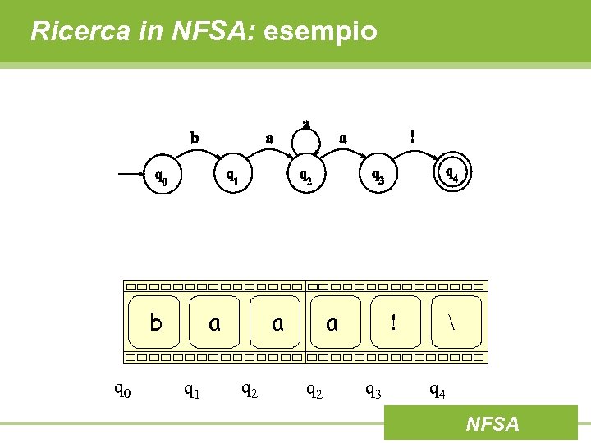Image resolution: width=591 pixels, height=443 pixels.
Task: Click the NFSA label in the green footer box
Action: coord(492,424)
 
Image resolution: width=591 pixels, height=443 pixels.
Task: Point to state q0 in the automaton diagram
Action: coord(163,175)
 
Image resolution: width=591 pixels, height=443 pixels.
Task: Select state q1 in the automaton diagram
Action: coord(233,176)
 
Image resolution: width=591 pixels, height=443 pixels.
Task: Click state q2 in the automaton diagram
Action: coord(305,176)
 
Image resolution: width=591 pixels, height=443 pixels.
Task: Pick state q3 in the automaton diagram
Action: coord(378,176)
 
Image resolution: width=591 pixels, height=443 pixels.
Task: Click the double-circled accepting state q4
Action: coord(451,174)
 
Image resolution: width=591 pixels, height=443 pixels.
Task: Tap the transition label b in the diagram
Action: coord(195,138)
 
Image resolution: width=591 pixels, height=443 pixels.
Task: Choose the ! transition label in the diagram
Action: coord(412,137)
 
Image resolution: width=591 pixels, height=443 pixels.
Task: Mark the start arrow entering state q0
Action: coord(131,175)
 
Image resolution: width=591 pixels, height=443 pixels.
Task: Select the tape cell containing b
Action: coord(156,323)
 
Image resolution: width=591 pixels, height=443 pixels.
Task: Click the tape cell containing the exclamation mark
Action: coord(393,323)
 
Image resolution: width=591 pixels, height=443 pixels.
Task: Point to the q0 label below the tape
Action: coord(122,390)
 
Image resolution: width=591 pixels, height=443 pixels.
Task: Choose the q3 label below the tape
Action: coord(373,391)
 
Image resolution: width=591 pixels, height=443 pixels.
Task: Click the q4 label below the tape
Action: coord(438,391)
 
